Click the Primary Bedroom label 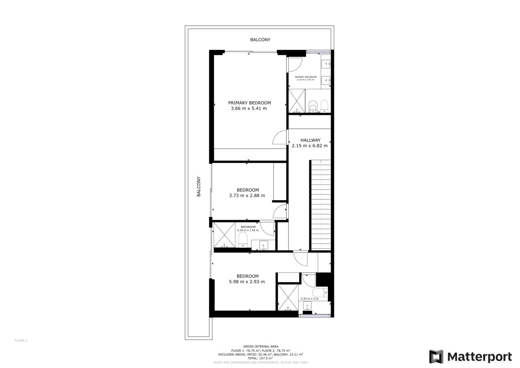249,103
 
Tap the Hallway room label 310,140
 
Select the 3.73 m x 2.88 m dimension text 247,196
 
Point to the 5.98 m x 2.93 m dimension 247,282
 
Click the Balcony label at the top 260,40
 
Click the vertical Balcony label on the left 199,187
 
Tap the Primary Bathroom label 306,77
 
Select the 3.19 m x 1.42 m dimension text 248,230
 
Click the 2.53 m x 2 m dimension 309,299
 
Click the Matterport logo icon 436,357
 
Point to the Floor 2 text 21,341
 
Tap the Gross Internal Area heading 260,347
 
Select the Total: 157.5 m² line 260,358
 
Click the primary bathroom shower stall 297,101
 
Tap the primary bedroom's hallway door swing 279,137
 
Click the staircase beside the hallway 321,205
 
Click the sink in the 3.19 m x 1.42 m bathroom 264,245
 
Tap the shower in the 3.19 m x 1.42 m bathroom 224,235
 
